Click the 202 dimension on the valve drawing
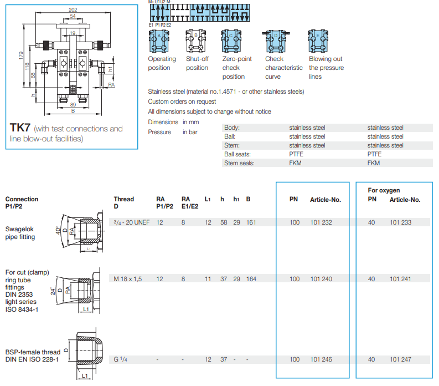pyautogui.click(x=73, y=9)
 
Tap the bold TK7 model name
pyautogui.click(x=20, y=128)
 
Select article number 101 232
pyautogui.click(x=321, y=222)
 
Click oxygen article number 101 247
pyautogui.click(x=400, y=359)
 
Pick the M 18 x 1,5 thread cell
pyautogui.click(x=128, y=279)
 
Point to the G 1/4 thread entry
pyautogui.click(x=120, y=359)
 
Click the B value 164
pyautogui.click(x=251, y=279)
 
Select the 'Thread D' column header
pyautogui.click(x=124, y=202)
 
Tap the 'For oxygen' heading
pyautogui.click(x=384, y=190)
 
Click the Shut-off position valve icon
pyautogui.click(x=195, y=41)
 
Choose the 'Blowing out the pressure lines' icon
pyautogui.click(x=318, y=41)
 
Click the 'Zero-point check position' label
pyautogui.click(x=237, y=68)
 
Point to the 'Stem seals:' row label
pyautogui.click(x=239, y=163)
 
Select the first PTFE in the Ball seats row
pyautogui.click(x=296, y=154)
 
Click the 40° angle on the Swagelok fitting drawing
pyautogui.click(x=58, y=231)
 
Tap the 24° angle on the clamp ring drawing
pyautogui.click(x=53, y=291)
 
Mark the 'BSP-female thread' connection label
pyautogui.click(x=33, y=352)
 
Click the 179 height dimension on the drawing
pyautogui.click(x=20, y=55)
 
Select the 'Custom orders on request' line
pyautogui.click(x=182, y=101)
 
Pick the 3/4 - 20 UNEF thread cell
pyautogui.click(x=132, y=222)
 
